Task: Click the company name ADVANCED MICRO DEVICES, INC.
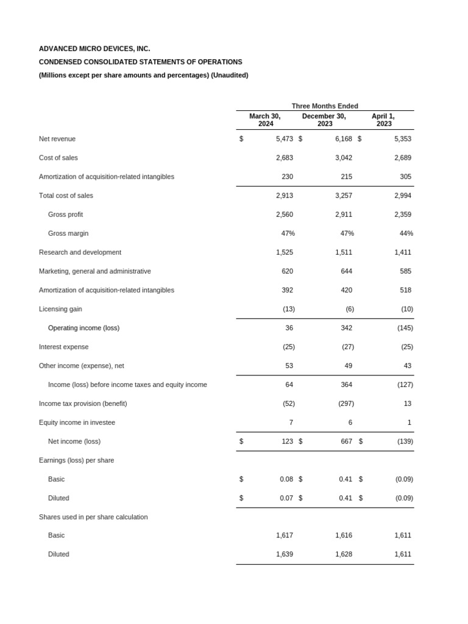(94, 49)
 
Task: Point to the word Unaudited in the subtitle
(229, 75)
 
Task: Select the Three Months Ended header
(325, 106)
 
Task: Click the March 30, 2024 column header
(265, 120)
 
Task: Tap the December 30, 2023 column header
(324, 120)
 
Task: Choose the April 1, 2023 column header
(383, 120)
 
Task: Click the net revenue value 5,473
(284, 139)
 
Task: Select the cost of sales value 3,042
(343, 158)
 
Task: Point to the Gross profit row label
(65, 214)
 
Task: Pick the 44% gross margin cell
(406, 233)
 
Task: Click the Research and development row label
(80, 252)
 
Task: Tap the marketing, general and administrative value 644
(346, 271)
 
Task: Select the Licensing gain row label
(60, 309)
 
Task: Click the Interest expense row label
(63, 347)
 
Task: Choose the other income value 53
(289, 366)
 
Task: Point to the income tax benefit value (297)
(346, 403)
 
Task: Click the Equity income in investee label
(77, 422)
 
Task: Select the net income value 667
(346, 441)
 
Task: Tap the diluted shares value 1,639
(284, 554)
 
